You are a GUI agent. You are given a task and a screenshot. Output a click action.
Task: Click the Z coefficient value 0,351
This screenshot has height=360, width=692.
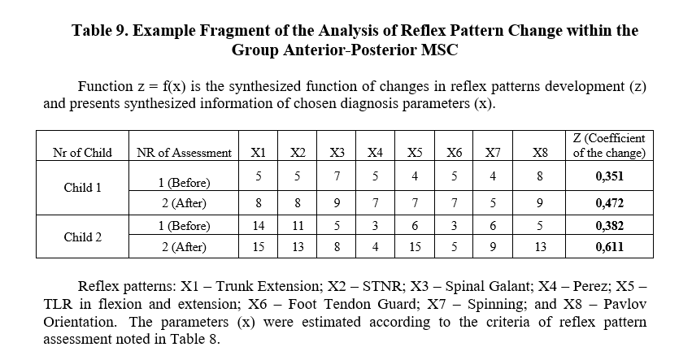point(609,176)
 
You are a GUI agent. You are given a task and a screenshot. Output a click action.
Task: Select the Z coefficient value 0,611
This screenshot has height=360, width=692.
point(609,246)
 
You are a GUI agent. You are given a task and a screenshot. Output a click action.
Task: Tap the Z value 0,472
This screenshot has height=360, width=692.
point(609,203)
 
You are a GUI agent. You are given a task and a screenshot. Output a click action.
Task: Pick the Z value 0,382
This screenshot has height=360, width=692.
point(609,225)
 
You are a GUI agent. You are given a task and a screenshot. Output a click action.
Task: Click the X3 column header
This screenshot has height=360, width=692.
point(337,152)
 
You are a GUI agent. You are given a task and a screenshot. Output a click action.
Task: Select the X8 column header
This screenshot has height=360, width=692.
point(540,152)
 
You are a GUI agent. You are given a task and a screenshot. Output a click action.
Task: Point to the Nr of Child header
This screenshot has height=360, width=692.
point(82,152)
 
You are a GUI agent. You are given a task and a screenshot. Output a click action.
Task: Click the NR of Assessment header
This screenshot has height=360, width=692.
point(184,152)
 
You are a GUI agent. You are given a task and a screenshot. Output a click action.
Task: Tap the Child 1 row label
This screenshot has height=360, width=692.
point(82,188)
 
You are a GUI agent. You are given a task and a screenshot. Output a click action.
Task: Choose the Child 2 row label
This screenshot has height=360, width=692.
point(82,237)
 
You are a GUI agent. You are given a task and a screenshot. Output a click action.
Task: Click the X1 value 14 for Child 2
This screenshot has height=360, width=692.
point(258,225)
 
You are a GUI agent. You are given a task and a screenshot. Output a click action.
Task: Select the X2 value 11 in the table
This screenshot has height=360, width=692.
point(298,225)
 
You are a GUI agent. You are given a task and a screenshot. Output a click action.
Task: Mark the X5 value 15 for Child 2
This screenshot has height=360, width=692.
point(415,246)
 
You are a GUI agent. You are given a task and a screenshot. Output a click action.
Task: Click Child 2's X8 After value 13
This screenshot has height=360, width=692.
point(540,246)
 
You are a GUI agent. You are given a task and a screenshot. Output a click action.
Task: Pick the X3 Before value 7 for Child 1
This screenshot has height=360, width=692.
point(337,176)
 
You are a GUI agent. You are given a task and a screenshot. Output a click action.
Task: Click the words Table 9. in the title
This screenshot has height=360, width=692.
point(100,30)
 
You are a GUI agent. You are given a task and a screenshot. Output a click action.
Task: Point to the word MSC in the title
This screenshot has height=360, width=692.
point(440,50)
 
